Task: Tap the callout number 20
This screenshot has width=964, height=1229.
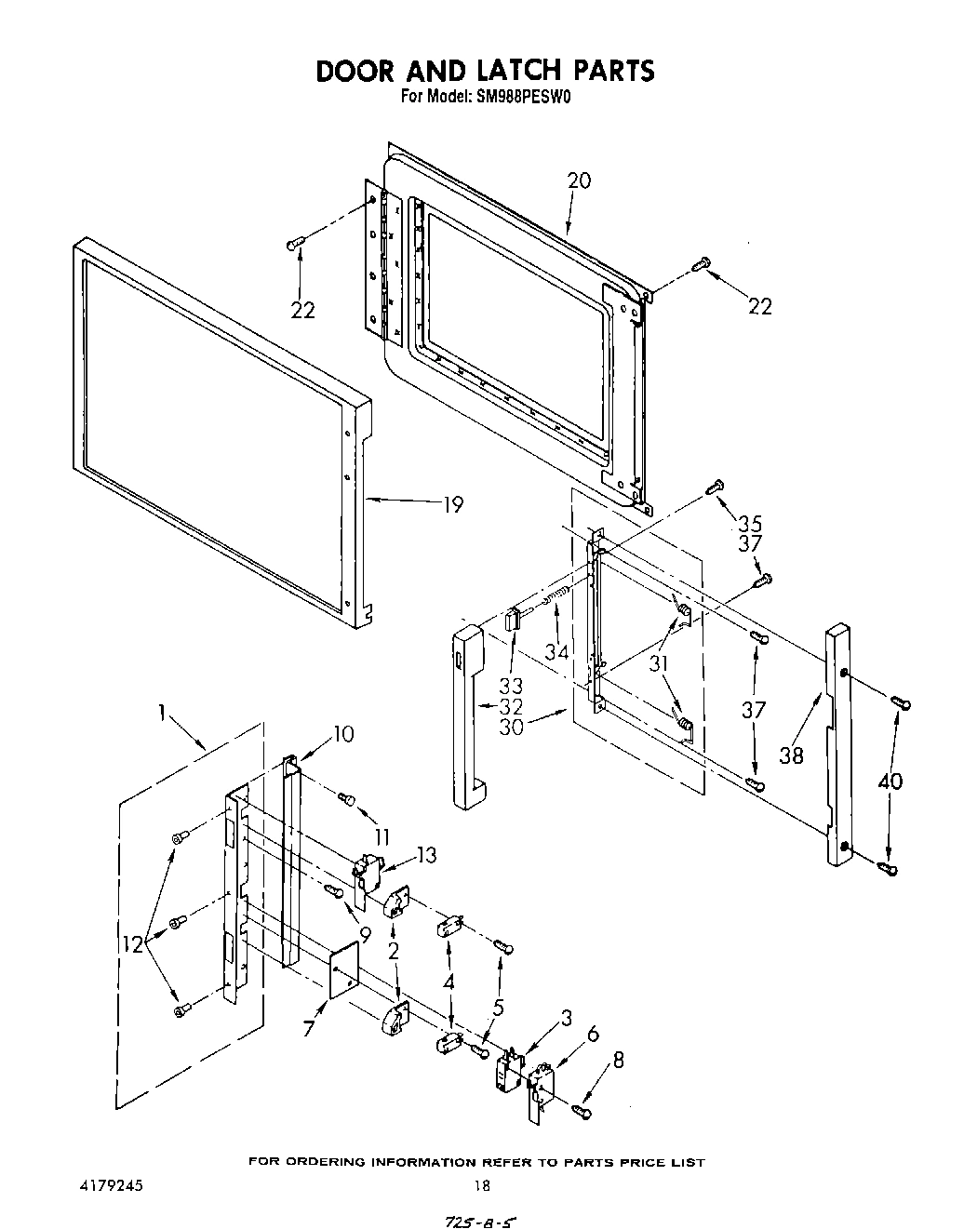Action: point(578,181)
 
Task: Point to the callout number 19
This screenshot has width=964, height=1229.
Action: point(452,505)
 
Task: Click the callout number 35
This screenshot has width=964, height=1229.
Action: point(750,521)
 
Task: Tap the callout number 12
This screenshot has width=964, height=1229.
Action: point(135,944)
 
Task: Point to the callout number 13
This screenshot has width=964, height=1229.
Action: point(425,855)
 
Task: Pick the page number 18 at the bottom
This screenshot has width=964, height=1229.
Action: point(481,1185)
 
